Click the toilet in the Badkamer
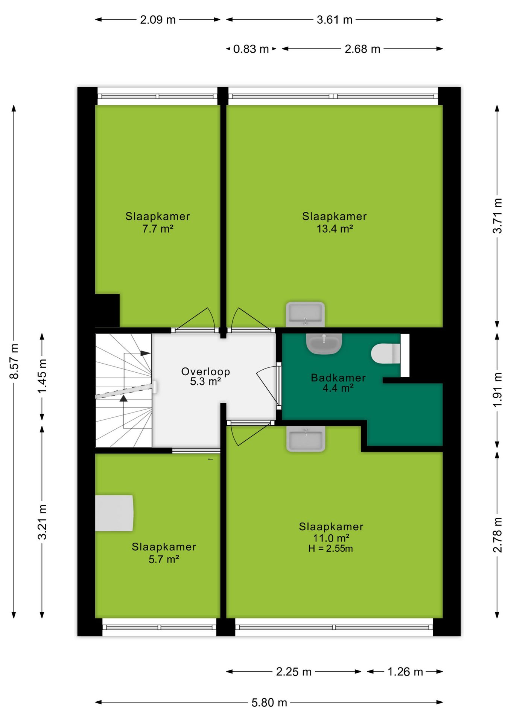386,353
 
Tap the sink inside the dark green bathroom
324,344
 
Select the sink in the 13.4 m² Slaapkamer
305,314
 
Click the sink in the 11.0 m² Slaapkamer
306,438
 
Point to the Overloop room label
205,372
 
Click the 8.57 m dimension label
14,361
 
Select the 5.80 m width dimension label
269,702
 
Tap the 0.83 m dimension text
251,49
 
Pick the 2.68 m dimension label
362,49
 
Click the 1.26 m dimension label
405,672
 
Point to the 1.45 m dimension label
42,376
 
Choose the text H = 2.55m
331,549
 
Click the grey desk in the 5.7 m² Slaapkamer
114,513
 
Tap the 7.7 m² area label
158,229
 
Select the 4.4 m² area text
338,388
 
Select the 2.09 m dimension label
158,20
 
